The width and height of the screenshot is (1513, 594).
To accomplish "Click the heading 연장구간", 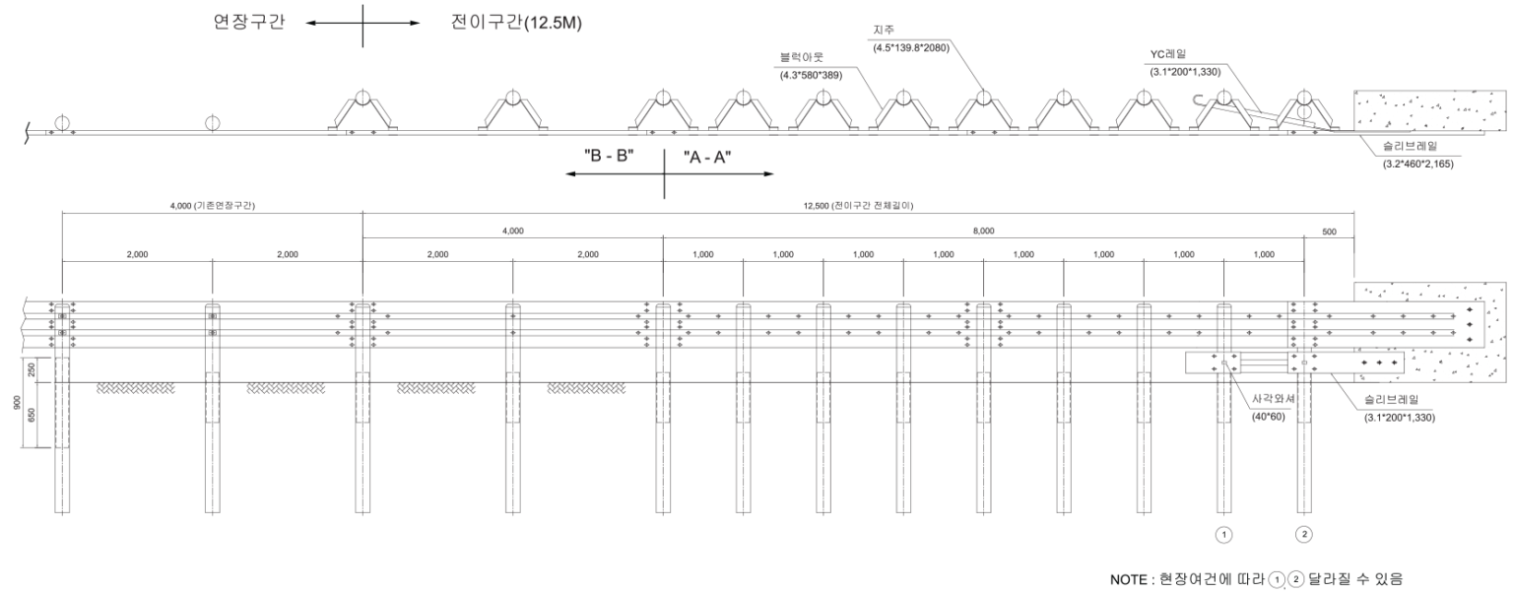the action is pos(249,23).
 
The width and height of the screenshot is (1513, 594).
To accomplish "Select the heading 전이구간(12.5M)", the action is pos(516,23).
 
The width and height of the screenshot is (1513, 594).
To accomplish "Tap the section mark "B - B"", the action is pos(610,156).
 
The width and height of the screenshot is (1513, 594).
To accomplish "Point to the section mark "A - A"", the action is pos(707,158).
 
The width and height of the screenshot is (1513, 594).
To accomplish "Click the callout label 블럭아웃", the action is pos(802,58).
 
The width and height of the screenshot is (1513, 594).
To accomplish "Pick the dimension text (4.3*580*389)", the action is pos(812,75).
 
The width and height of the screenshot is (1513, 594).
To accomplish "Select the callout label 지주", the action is pos(884,30).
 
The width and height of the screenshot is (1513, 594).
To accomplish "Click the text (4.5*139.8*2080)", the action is pos(911,47).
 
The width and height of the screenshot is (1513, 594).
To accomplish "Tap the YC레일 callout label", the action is pos(1168,54).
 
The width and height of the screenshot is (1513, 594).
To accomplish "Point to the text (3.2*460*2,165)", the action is pos(1417,164).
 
